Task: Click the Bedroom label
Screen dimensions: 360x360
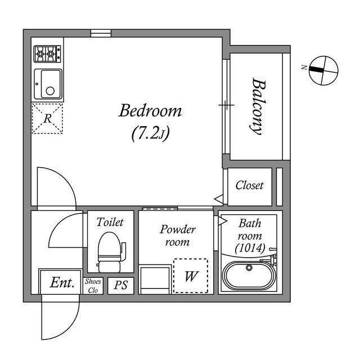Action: [150, 111]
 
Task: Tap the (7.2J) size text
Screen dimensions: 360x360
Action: [150, 133]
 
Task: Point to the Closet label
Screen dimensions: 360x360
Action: [249, 185]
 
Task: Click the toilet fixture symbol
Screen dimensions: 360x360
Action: [110, 252]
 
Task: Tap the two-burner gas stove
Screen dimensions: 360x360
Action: [47, 54]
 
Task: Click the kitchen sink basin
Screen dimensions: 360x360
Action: [48, 84]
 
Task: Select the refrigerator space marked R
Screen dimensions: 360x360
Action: [47, 119]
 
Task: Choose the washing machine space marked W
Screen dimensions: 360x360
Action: [191, 276]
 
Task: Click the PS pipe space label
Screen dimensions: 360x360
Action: [121, 285]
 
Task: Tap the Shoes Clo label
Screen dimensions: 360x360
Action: [93, 286]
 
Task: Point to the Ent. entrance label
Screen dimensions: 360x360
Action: [62, 282]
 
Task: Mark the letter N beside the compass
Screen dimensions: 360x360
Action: [304, 67]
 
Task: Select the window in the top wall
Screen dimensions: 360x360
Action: [101, 33]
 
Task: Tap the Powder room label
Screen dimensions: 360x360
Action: [178, 236]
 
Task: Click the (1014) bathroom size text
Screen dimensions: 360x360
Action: [250, 248]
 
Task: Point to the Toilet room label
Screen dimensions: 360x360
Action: [110, 222]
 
